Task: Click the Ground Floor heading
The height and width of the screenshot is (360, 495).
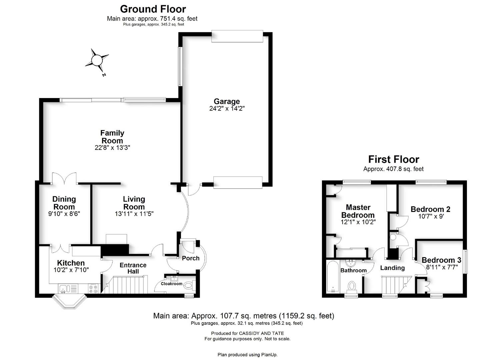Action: pyautogui.click(x=153, y=9)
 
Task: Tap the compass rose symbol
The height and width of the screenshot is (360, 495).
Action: pyautogui.click(x=97, y=60)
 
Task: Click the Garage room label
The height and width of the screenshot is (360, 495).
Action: pyautogui.click(x=227, y=101)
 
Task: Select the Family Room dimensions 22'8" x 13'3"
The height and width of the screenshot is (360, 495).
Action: pyautogui.click(x=112, y=148)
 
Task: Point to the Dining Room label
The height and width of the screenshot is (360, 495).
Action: pyautogui.click(x=64, y=203)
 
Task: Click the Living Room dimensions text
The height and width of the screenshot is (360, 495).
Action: pyautogui.click(x=134, y=214)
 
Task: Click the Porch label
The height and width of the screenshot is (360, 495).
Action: pyautogui.click(x=190, y=258)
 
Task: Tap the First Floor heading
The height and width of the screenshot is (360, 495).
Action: pyautogui.click(x=394, y=159)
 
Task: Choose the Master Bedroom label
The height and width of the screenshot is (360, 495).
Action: pyautogui.click(x=358, y=211)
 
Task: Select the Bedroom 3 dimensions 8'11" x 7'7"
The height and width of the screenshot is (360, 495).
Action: pyautogui.click(x=442, y=267)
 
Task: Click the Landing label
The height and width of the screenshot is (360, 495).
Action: pyautogui.click(x=392, y=268)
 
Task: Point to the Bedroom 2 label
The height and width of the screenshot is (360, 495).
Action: pyautogui.click(x=430, y=209)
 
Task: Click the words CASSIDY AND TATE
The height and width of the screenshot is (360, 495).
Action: pyautogui.click(x=262, y=333)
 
